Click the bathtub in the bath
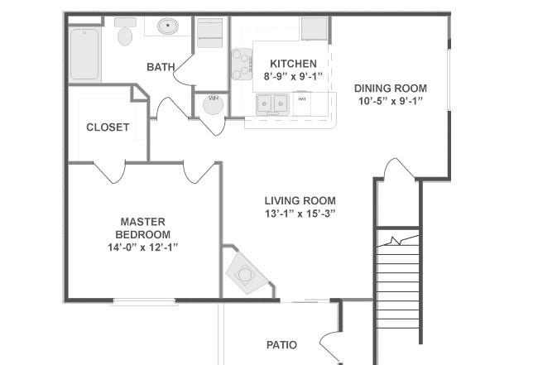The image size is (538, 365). tap(84, 55)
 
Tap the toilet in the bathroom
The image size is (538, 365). tap(125, 32)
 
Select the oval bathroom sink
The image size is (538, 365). tap(168, 26)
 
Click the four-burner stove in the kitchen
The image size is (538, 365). tap(242, 65)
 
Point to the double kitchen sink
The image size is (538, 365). tap(272, 103)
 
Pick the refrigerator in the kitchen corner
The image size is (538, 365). tap(314, 29)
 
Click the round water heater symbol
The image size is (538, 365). tap(213, 104)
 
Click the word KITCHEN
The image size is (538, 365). tap(293, 64)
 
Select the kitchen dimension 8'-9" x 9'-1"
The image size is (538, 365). tap(293, 76)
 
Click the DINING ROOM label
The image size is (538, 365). tap(391, 89)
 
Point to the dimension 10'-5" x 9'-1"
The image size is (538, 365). tap(391, 101)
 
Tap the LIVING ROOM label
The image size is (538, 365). tap(300, 200)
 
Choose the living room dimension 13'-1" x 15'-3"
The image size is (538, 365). tap(300, 214)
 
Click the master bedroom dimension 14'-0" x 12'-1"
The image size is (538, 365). tap(143, 247)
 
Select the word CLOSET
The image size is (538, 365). tap(108, 127)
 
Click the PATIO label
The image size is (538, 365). tap(281, 345)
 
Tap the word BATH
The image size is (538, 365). tap(161, 67)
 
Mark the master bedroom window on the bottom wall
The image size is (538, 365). tap(144, 301)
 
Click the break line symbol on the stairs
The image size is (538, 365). tap(397, 241)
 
